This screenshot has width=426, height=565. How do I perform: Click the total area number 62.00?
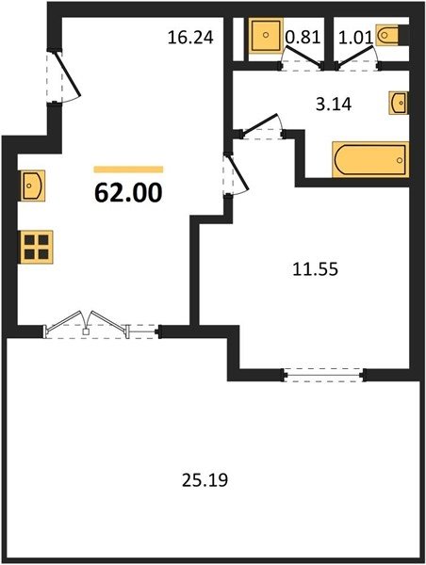point(128,193)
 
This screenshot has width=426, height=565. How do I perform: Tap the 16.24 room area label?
point(190,38)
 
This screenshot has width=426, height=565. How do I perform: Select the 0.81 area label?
point(303,37)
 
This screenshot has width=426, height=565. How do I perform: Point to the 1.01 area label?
point(355,38)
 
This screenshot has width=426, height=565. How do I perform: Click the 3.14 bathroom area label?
point(334,105)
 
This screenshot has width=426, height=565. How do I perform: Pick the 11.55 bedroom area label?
point(316,269)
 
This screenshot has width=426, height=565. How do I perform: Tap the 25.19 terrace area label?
point(205,480)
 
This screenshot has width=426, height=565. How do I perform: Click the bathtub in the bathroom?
point(370,160)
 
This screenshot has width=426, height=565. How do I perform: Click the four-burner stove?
point(37,247)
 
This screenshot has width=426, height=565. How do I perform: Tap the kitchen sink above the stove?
point(32,186)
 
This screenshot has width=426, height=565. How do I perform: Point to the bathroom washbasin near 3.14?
point(399,103)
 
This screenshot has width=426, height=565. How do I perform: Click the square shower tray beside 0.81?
point(266,35)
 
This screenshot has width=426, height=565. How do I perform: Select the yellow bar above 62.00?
point(128,169)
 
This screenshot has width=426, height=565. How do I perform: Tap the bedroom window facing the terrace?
point(323,375)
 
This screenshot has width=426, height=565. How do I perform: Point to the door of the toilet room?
point(357,59)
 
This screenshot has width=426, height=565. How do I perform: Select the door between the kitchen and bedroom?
point(236,175)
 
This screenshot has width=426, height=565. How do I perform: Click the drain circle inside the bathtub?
point(400,160)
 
